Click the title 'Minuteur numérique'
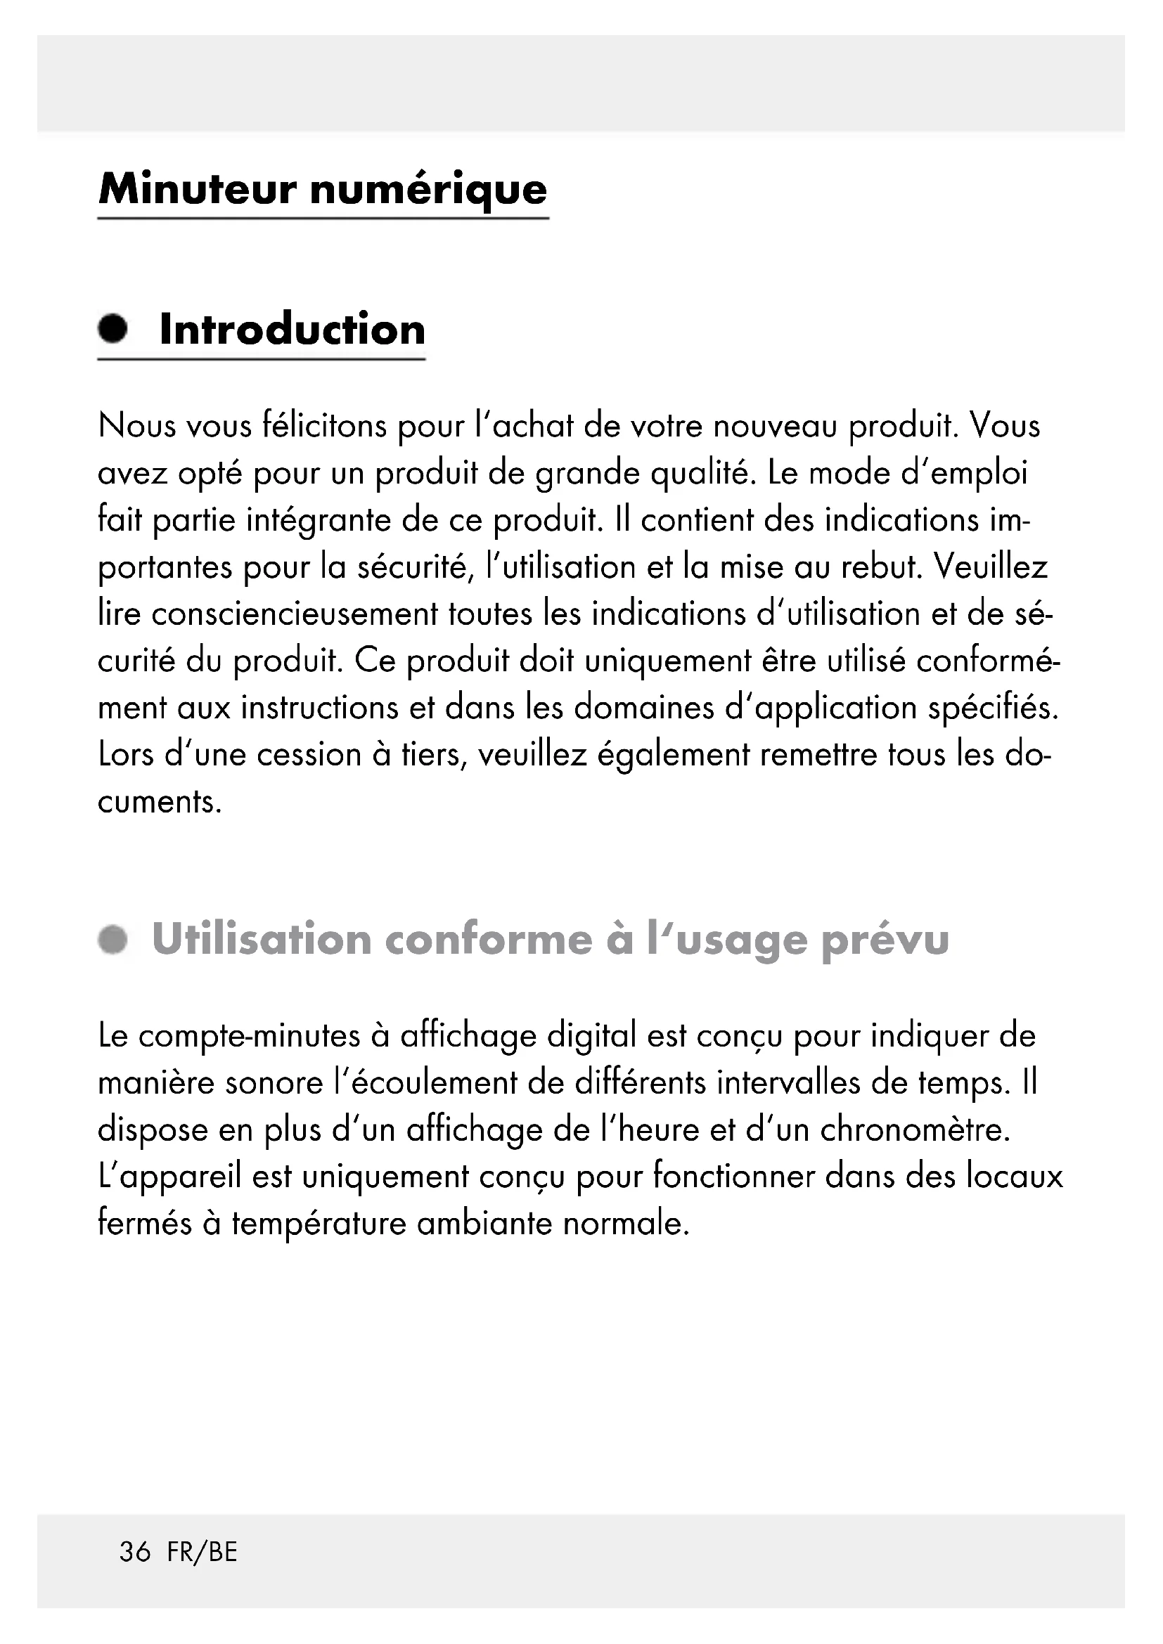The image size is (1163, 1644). [x=323, y=190]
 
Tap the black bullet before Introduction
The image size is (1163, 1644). [x=113, y=330]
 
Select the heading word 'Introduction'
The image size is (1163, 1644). [x=293, y=330]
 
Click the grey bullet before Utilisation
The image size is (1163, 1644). [x=113, y=940]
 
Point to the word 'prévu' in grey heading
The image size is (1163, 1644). [x=885, y=940]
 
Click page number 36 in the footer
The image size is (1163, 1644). [x=135, y=1552]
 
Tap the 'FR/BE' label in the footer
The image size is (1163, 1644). [x=202, y=1552]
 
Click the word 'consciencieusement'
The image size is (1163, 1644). [x=295, y=614]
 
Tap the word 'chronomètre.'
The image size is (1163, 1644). [x=915, y=1131]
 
